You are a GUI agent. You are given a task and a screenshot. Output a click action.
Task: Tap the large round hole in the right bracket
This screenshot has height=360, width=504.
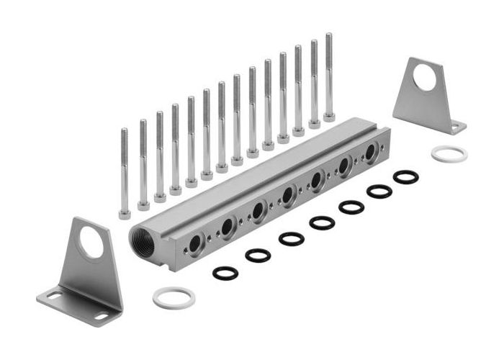coord(425,78)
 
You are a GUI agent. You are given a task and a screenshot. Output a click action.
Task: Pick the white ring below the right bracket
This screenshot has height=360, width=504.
coord(449,153)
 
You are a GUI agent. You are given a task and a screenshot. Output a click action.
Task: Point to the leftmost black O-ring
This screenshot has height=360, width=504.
coord(225,273)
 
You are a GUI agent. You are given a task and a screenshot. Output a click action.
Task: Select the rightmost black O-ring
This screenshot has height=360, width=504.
coord(405,176)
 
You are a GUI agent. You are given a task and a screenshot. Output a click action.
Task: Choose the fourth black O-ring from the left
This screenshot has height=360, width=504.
coord(322,222)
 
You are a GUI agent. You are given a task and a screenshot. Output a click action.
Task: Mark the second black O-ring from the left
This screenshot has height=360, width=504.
coord(258,255)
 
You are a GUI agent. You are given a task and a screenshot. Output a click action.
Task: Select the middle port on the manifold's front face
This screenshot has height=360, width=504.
coord(287,194)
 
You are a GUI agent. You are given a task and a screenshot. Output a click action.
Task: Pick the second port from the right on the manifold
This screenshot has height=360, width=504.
coord(344,166)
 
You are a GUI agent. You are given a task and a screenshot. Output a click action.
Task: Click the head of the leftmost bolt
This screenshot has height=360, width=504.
coord(125,213)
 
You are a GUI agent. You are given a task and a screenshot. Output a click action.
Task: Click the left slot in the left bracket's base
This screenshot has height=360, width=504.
coord(55,295)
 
